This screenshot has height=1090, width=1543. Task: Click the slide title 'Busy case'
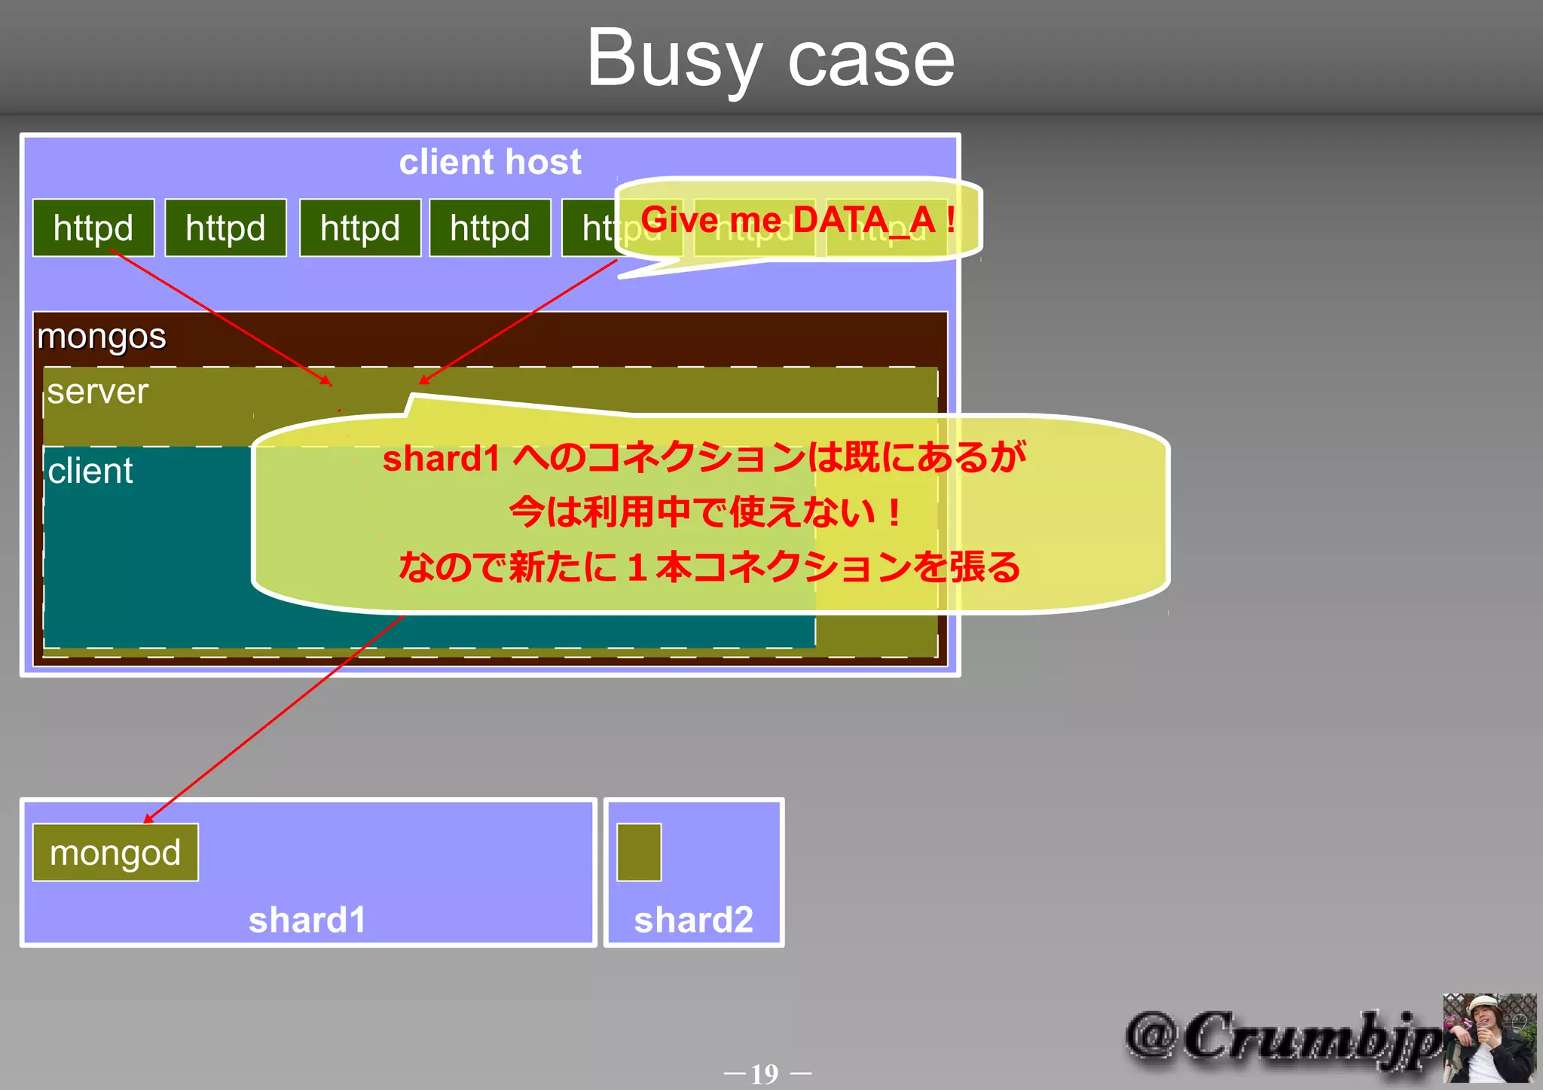coord(770,59)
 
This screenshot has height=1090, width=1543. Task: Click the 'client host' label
coord(490,162)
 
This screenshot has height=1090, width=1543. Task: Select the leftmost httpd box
coord(93,228)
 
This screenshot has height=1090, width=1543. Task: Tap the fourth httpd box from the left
coord(490,228)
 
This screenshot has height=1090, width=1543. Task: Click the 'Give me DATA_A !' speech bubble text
coord(797,220)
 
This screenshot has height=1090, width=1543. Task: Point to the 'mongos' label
coord(102,336)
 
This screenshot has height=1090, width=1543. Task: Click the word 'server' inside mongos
coord(98,392)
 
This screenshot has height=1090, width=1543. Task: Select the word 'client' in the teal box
coord(90,472)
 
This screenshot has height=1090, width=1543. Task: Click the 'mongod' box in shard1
coord(115,853)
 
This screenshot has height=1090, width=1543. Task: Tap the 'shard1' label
coord(307,920)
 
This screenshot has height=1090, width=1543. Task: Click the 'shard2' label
coord(693,920)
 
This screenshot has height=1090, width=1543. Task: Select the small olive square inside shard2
coord(639,853)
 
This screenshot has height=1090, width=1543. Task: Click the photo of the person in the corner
coord(1489,1038)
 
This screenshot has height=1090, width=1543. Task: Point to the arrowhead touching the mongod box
coord(148,819)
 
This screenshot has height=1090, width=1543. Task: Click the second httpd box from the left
coord(225,228)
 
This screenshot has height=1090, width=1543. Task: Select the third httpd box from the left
coord(360,228)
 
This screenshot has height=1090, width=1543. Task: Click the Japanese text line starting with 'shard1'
coord(704,458)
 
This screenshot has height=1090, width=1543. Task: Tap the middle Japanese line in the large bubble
coord(704,512)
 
